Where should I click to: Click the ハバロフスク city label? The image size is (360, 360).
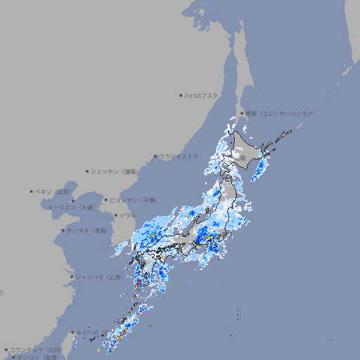click(x=202, y=95)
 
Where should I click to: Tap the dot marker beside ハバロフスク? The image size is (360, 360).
click(x=181, y=95)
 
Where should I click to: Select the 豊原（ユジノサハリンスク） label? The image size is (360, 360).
click(x=280, y=113)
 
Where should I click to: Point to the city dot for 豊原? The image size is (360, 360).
click(x=242, y=113)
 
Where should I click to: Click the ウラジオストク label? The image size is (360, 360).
click(x=179, y=156)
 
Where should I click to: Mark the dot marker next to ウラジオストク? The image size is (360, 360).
click(x=155, y=157)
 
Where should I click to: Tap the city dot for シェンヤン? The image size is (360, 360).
click(x=88, y=171)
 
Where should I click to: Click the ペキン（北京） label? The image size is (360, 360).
click(x=53, y=191)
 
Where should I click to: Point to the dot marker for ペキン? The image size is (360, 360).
click(x=32, y=191)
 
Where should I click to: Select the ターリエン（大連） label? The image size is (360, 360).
click(x=71, y=207)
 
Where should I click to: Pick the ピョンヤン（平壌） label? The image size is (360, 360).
click(x=133, y=200)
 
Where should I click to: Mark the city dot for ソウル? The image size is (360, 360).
click(x=115, y=215)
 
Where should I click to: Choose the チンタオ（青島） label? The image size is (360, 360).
click(x=87, y=230)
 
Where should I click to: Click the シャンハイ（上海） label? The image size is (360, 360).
click(x=99, y=277)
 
